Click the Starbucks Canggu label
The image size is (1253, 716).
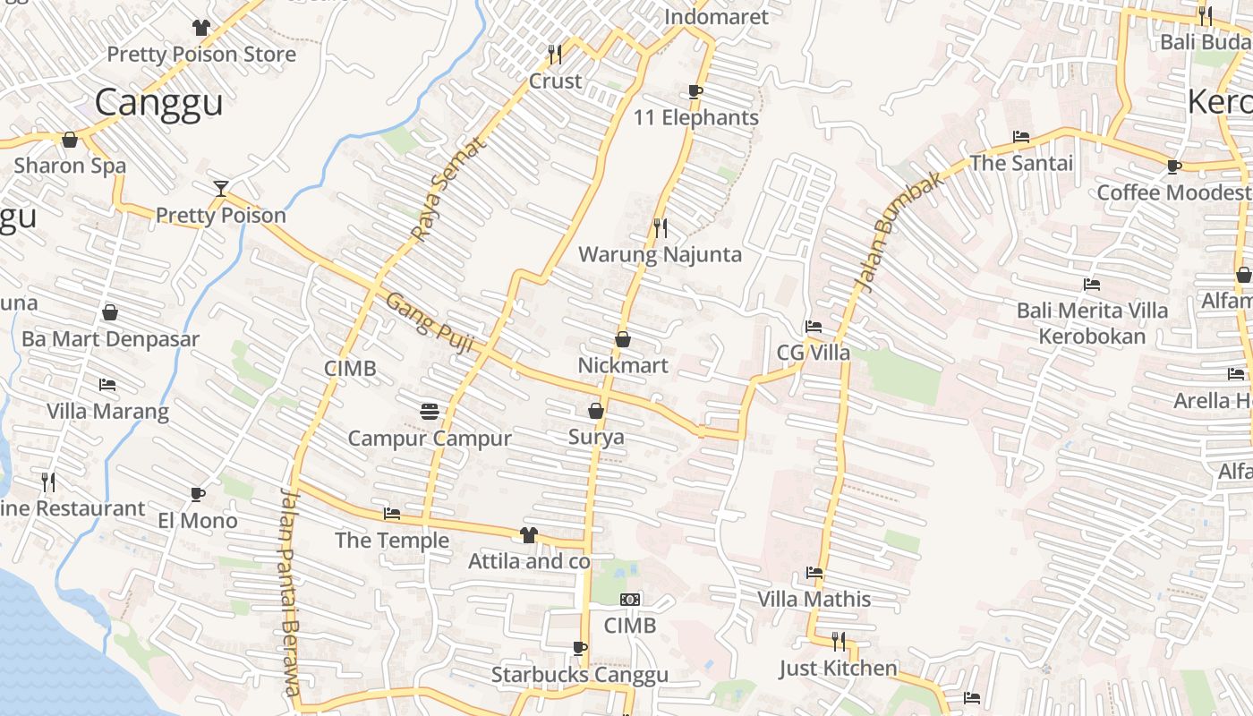point(579,675)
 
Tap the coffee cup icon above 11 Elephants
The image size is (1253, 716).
point(695,91)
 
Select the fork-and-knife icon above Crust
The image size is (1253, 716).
point(555,55)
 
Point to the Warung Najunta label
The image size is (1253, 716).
point(660,254)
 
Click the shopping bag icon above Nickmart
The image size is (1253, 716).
point(623,339)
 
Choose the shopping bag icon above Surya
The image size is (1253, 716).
point(596,411)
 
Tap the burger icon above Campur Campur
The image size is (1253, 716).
point(430,412)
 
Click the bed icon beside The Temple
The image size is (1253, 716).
point(392,514)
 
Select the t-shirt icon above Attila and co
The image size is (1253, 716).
point(529,535)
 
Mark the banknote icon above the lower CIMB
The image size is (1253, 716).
point(630,600)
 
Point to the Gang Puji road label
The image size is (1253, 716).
point(429,322)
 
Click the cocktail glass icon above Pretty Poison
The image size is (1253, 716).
point(221,188)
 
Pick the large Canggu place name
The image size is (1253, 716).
point(158,102)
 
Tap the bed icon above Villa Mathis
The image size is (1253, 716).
point(814,572)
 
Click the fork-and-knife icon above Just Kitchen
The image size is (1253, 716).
point(839,641)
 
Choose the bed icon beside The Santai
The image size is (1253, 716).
point(1021,137)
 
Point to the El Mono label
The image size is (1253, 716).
point(198,520)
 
